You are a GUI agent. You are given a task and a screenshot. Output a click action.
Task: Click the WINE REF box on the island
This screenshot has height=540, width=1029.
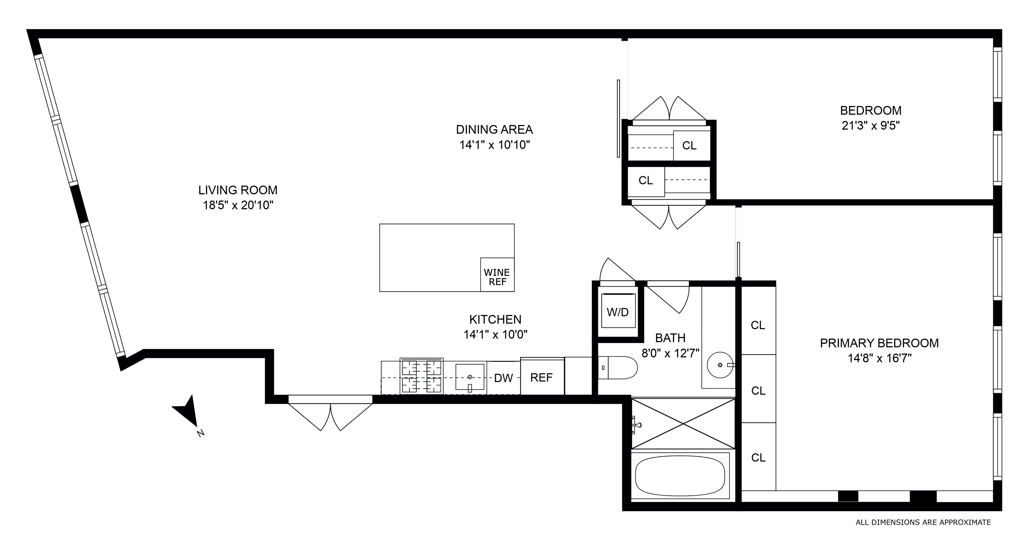click(497, 275)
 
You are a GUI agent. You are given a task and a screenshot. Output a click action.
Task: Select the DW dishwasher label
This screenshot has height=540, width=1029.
click(503, 378)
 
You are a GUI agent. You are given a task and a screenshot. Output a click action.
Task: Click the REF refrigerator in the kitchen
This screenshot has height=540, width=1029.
click(542, 377)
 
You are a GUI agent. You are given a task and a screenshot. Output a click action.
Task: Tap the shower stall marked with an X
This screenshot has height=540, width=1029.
click(683, 423)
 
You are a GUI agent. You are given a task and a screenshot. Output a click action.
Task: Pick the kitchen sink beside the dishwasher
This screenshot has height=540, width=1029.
click(470, 377)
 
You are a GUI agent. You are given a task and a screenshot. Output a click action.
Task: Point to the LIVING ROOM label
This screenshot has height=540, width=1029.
click(238, 190)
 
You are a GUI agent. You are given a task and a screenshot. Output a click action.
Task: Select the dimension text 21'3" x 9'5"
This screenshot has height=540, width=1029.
click(871, 126)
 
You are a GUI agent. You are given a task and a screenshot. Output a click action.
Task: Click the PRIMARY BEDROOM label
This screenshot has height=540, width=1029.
click(879, 343)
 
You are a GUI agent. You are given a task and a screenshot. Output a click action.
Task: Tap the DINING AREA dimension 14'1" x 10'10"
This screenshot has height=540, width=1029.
click(495, 145)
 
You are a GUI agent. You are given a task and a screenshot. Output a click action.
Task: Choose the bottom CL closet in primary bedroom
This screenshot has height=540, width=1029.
click(758, 457)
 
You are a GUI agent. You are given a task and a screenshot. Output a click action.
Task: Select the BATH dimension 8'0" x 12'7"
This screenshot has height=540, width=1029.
click(670, 353)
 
